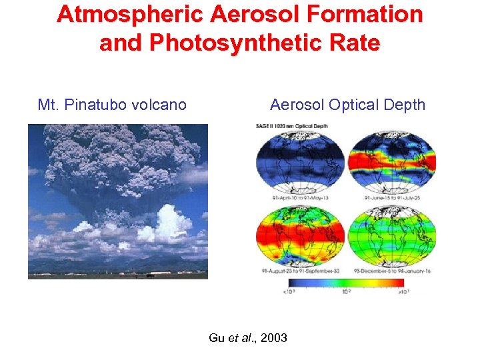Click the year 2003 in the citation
(273, 338)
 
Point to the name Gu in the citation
(217, 338)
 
